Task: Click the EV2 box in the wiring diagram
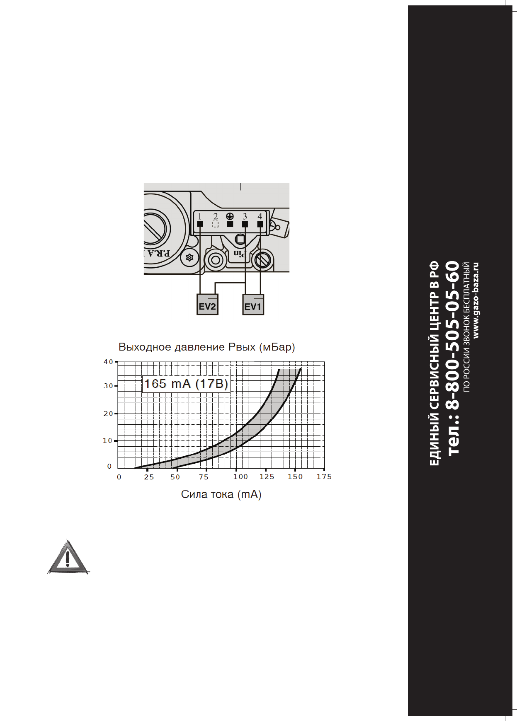207,305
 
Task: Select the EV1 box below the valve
253,305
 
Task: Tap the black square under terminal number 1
200,224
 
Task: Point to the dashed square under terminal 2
215,224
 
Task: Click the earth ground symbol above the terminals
230,216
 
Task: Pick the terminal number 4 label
260,216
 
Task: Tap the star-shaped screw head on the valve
189,258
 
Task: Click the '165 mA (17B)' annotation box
186,384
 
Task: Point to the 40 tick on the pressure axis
108,362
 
